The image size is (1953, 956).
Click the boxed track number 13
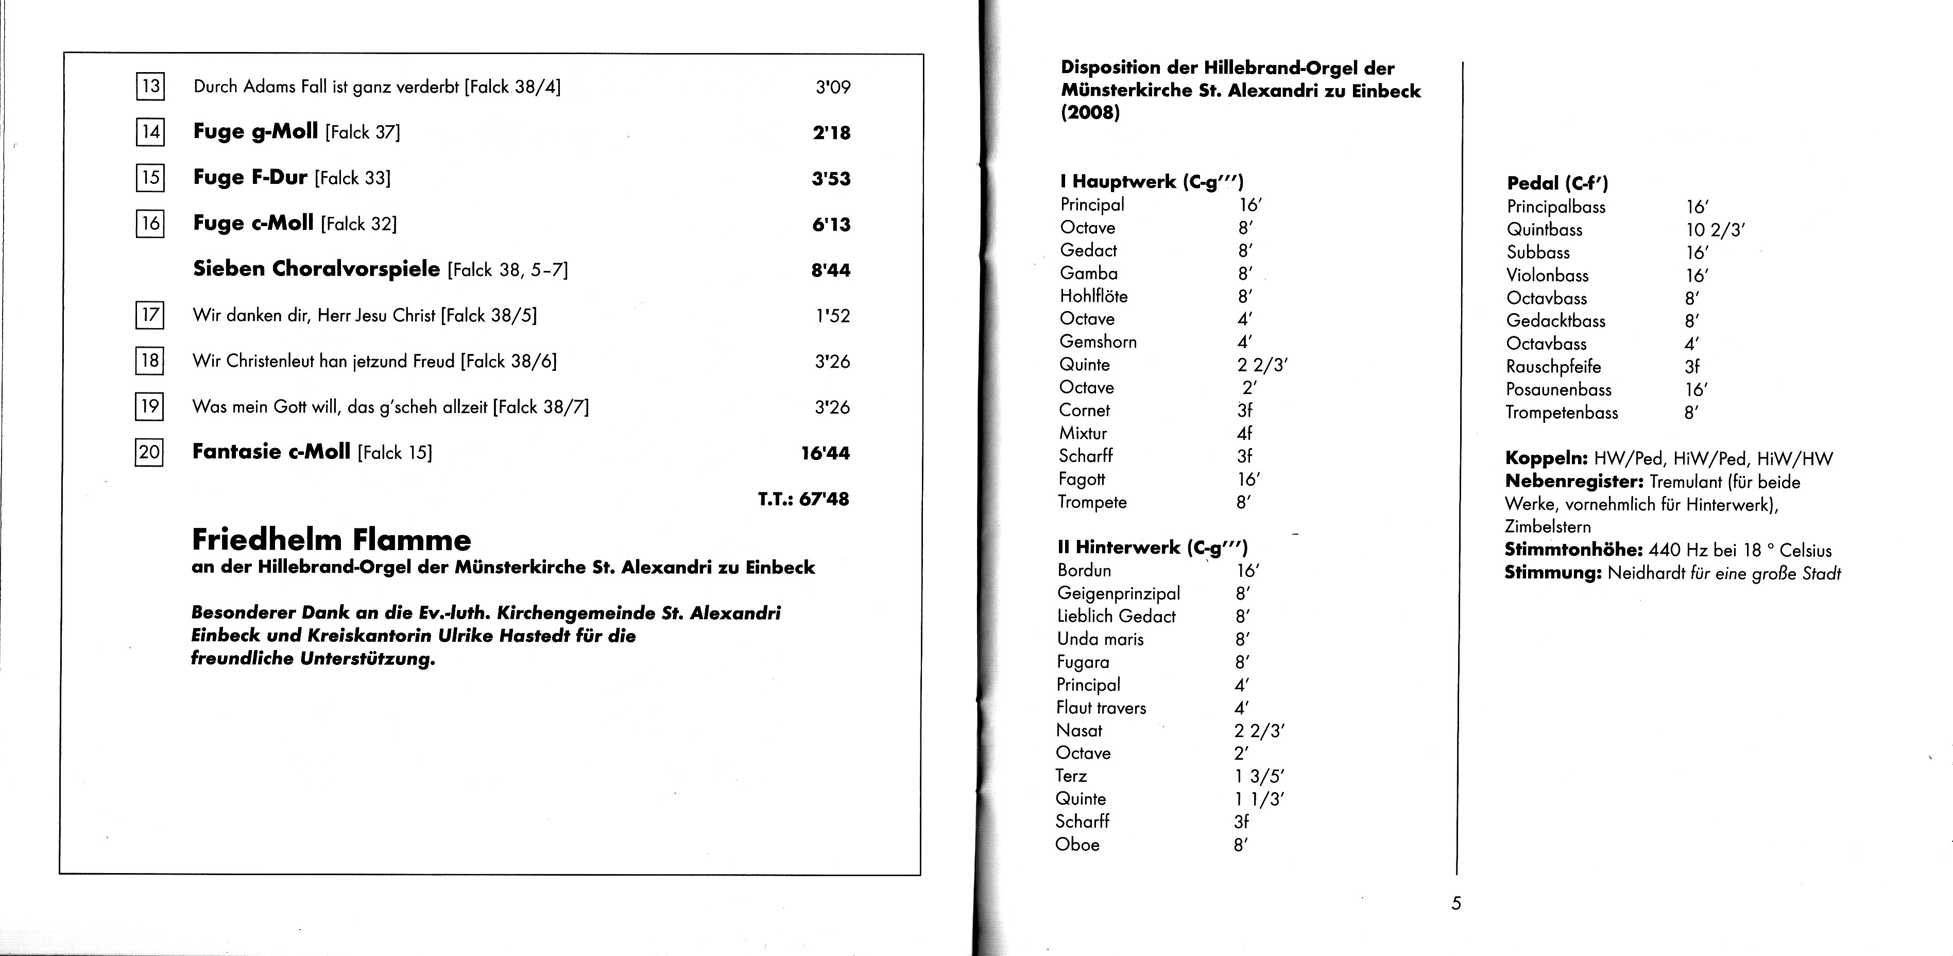click(150, 86)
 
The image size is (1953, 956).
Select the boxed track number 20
click(149, 453)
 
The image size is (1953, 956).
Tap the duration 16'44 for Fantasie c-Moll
click(825, 453)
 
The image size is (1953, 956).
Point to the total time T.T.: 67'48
click(803, 499)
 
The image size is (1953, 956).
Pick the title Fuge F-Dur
click(250, 177)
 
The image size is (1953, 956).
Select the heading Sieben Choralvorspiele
click(316, 269)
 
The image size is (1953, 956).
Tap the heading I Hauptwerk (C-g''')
click(1152, 182)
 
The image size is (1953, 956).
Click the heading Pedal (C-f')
click(1557, 183)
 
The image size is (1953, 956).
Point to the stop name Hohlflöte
click(1093, 296)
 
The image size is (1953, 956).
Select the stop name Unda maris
click(1100, 639)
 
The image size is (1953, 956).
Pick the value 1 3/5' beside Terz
click(1259, 776)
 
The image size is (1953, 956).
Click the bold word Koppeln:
click(1546, 458)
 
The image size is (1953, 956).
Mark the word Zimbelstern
click(1547, 527)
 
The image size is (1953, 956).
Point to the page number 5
click(1455, 903)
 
